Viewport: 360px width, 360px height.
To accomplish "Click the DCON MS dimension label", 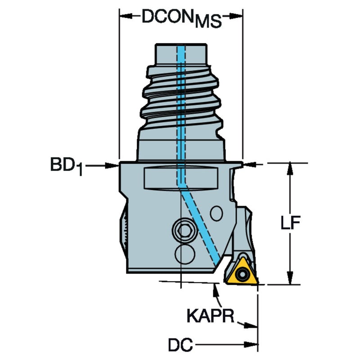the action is click(182, 18).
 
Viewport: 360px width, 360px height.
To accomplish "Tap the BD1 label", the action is click(66, 166).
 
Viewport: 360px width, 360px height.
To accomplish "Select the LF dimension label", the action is click(290, 222).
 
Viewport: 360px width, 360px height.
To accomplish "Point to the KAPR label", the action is click(210, 316).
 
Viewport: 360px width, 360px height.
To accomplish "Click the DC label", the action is click(180, 345).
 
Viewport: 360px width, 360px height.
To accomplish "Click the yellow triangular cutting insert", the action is click(242, 272).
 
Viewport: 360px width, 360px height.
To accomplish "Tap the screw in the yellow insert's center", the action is click(242, 274).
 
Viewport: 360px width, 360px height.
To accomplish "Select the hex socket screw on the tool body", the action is click(184, 230).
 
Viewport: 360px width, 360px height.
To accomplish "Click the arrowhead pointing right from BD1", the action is click(112, 166).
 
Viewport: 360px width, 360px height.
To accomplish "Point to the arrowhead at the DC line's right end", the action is click(251, 345).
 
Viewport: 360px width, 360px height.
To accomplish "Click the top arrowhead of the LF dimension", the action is click(290, 170).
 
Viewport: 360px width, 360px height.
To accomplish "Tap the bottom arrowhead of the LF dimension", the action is click(290, 278).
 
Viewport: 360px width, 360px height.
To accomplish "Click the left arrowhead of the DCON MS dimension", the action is click(126, 16).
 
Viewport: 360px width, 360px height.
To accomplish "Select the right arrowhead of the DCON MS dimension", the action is click(236, 16).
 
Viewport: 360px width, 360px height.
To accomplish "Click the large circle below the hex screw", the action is click(185, 254).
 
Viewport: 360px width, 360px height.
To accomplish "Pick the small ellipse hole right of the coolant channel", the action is click(216, 213).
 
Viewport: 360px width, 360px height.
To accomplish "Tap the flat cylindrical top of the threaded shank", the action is click(181, 54).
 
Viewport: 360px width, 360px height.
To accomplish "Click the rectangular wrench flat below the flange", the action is click(181, 178).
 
